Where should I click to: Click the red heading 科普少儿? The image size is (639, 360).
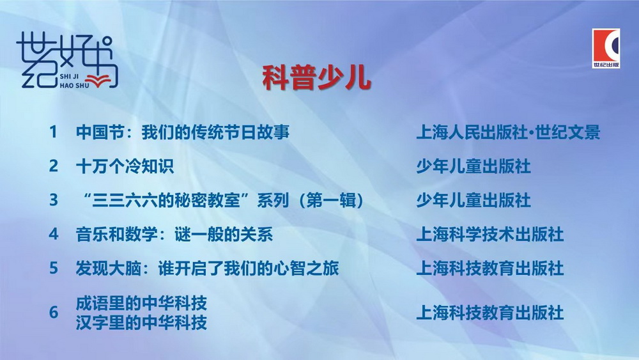coord(316,77)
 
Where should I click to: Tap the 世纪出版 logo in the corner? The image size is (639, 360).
coord(606,48)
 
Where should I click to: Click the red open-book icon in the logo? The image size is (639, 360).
coord(97,81)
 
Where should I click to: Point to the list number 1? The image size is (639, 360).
coord(54,132)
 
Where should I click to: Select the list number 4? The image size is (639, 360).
coord(54,234)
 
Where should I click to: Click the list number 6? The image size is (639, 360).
coord(54,312)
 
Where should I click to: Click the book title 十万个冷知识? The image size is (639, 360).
coord(125,166)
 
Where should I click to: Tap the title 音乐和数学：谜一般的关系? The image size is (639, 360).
coord(174,235)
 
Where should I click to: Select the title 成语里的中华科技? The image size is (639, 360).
coord(141,303)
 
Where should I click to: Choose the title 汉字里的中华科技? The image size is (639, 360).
coord(141,322)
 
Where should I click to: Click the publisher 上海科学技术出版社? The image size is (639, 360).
coord(490,235)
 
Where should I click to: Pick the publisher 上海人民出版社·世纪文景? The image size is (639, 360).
coord(508,132)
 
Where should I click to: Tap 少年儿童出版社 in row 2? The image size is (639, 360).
coord(473,166)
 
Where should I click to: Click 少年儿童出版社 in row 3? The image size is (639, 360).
coord(473,200)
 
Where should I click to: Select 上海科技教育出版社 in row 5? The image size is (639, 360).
coord(490,269)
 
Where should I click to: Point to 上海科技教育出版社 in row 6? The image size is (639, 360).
coord(490,313)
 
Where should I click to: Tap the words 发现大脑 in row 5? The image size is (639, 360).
coord(109,269)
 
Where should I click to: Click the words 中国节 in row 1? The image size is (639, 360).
coord(100,132)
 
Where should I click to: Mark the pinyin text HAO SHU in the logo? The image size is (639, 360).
coord(74,85)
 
